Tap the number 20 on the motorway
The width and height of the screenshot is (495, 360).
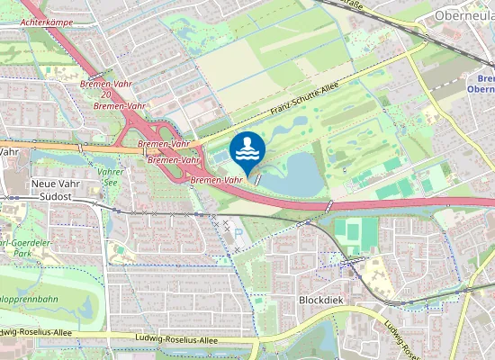(106, 94)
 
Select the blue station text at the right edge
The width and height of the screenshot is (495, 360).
(481, 83)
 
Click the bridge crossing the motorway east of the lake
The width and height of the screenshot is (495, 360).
(329, 206)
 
